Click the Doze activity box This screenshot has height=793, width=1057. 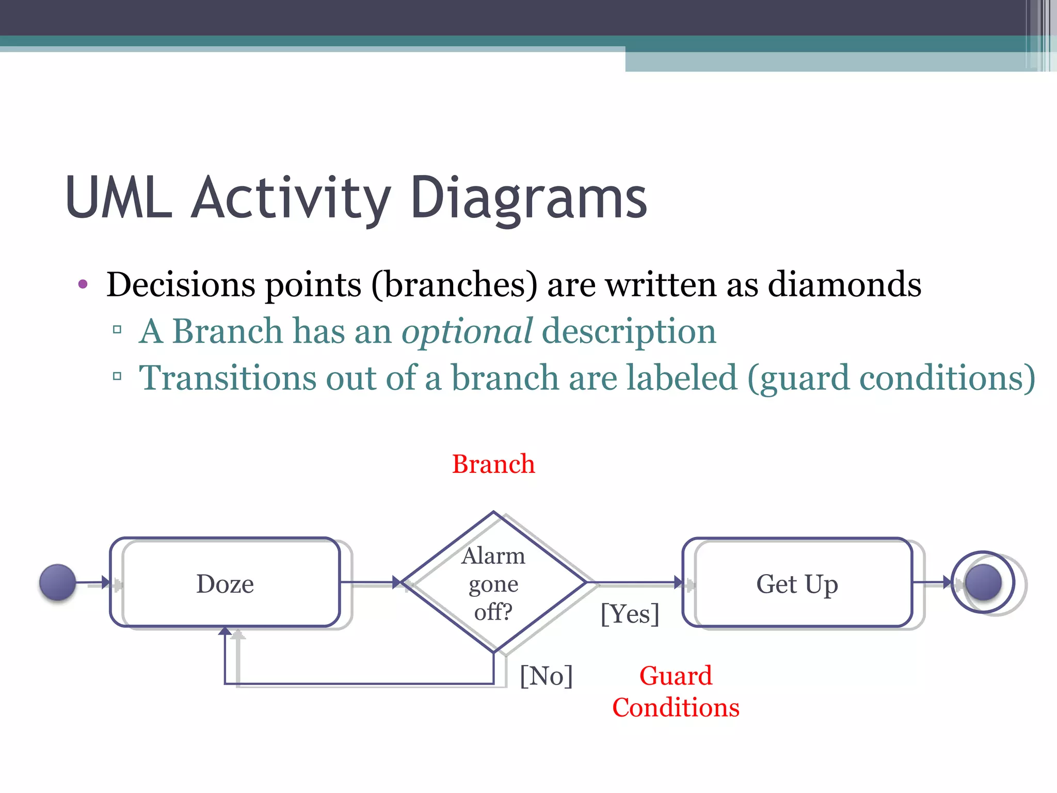[x=225, y=583]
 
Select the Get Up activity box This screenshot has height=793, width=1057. [x=797, y=583]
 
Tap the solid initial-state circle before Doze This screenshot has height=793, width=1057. [x=57, y=582]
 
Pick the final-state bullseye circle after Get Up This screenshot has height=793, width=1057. [x=983, y=582]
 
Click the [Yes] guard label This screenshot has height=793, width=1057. [x=630, y=614]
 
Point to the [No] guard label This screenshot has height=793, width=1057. [x=546, y=676]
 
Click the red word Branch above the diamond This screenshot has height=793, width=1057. [x=493, y=464]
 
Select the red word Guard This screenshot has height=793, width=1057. [x=676, y=676]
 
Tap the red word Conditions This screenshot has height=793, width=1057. [x=676, y=707]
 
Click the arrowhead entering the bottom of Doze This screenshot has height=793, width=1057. [x=225, y=631]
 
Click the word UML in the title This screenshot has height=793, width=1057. [x=119, y=198]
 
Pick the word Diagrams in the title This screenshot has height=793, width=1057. [x=528, y=198]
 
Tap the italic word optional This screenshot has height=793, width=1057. [x=467, y=331]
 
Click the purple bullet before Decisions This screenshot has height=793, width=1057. [x=83, y=284]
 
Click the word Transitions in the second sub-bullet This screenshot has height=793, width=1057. [x=227, y=377]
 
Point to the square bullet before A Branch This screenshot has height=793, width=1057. [x=117, y=329]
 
